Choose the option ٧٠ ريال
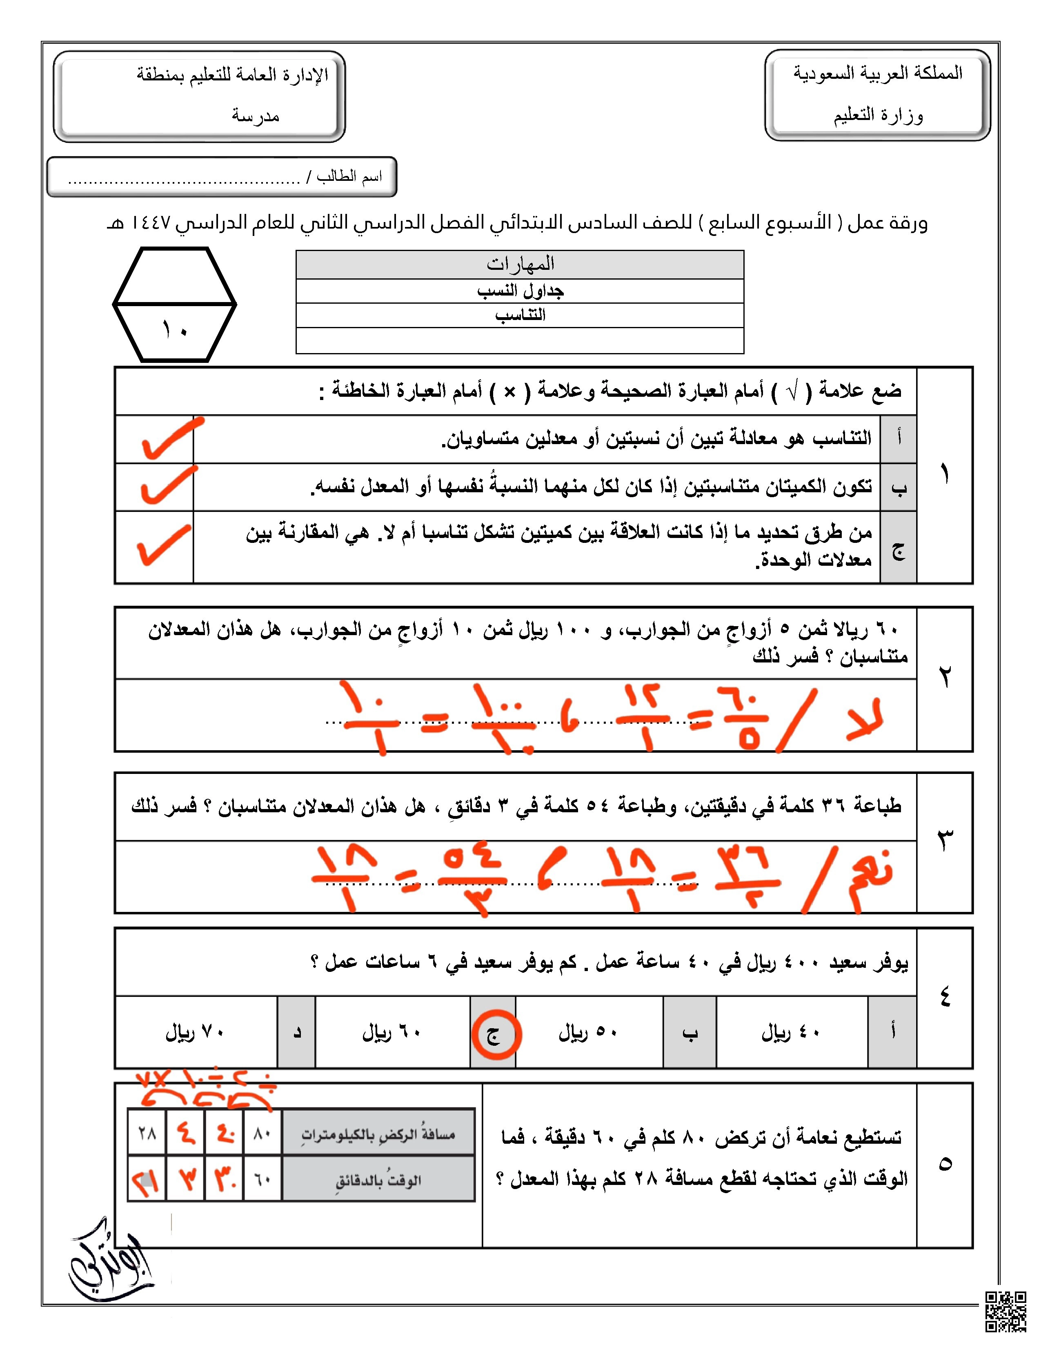point(195,1032)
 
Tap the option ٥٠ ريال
point(588,1032)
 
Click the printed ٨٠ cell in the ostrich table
point(263,1134)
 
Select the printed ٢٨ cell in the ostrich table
point(147,1134)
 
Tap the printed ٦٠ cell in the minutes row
point(263,1180)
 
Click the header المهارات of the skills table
point(520,265)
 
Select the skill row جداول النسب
point(520,291)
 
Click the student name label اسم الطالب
point(349,177)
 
